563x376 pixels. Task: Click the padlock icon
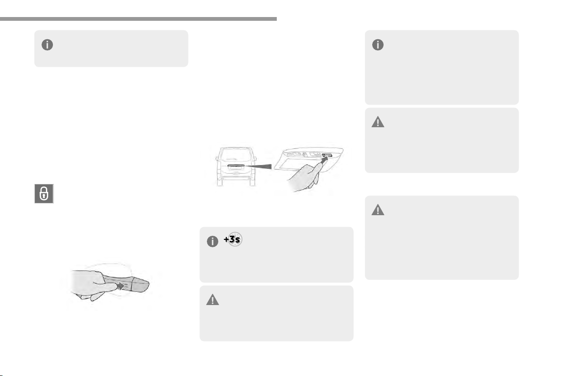tap(44, 194)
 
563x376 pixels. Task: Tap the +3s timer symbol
tap(233, 239)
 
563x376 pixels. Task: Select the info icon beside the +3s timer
tap(213, 242)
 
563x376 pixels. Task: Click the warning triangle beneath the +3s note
tap(213, 300)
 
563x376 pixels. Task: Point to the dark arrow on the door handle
tap(122, 286)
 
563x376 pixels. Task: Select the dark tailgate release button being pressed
tap(327, 156)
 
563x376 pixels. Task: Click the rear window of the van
tap(236, 156)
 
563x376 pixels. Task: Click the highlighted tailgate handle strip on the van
tap(236, 166)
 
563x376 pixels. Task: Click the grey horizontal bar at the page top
tap(138, 19)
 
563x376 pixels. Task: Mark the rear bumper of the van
tap(236, 177)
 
